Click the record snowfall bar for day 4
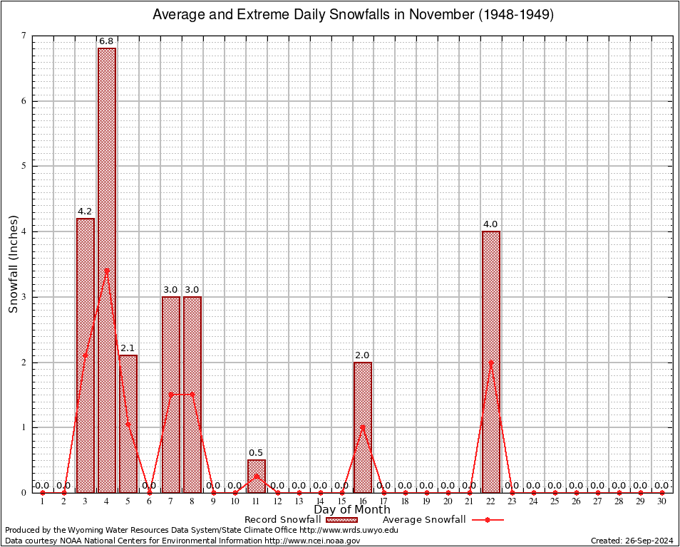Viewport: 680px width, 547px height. point(107,271)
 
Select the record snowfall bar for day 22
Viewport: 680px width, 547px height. point(491,362)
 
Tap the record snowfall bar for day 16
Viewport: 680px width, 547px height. point(363,427)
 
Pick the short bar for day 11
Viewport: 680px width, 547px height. point(256,476)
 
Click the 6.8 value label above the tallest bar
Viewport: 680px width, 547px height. point(107,42)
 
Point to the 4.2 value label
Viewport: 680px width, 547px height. point(85,212)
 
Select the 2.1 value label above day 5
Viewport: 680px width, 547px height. point(128,348)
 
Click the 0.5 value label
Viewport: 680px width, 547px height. point(256,453)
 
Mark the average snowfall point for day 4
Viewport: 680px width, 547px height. point(107,271)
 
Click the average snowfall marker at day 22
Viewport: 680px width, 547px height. point(491,362)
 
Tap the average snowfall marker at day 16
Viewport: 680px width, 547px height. point(363,427)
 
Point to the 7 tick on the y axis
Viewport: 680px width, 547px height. point(24,36)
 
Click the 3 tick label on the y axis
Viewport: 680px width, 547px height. point(24,297)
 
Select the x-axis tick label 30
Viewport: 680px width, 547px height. point(661,502)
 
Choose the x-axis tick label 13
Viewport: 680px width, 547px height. point(299,502)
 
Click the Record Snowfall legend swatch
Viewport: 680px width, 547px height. point(341,520)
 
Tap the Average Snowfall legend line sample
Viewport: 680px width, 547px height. point(487,520)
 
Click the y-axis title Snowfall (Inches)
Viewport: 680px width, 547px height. point(14,264)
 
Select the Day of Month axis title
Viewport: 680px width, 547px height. point(352,510)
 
